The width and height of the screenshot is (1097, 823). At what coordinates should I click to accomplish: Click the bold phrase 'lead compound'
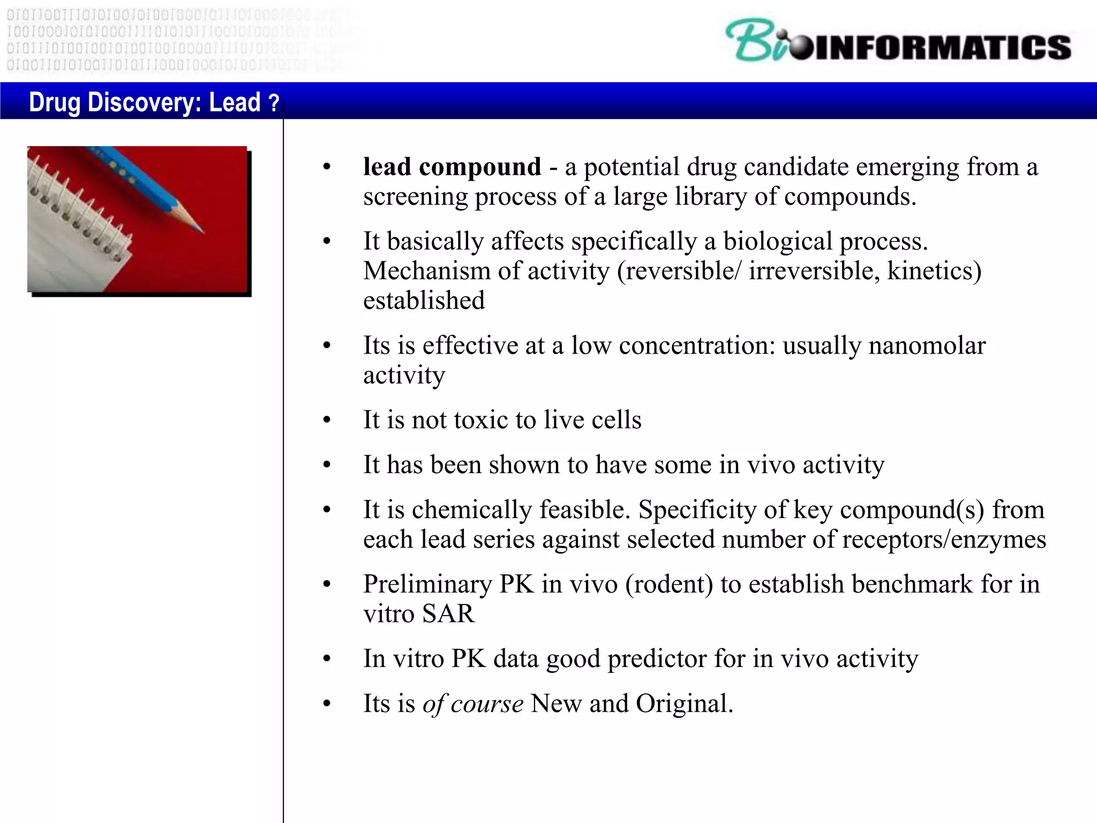click(x=452, y=167)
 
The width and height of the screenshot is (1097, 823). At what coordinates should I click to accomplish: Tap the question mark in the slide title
click(x=274, y=102)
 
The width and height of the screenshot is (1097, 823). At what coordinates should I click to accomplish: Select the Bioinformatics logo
click(x=898, y=42)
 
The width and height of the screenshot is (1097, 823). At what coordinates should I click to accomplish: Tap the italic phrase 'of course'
click(x=472, y=704)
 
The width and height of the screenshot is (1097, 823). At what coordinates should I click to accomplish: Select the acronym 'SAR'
click(x=448, y=613)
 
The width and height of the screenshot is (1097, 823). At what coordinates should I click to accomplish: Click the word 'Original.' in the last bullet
click(x=684, y=704)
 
